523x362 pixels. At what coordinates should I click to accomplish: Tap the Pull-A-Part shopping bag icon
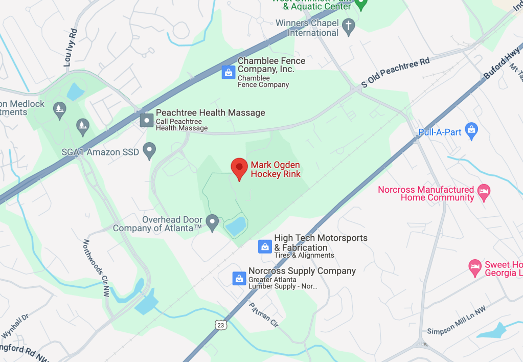[471, 131]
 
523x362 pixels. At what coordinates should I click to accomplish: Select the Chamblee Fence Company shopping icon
[228, 72]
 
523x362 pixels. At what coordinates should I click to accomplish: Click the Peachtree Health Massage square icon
[147, 120]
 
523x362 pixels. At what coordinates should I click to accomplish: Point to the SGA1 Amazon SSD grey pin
[149, 150]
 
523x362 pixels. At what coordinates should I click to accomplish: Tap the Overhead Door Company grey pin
[213, 222]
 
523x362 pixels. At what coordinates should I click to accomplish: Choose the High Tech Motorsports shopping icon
[265, 246]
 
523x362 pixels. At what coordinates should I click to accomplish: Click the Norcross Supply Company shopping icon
[239, 278]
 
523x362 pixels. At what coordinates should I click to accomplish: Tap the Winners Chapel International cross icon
[348, 27]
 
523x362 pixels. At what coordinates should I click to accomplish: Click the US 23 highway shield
[220, 325]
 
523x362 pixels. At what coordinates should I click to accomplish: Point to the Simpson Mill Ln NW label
[457, 321]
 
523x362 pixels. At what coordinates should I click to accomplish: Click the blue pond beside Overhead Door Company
[236, 225]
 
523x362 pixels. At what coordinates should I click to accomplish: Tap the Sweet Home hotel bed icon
[475, 266]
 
